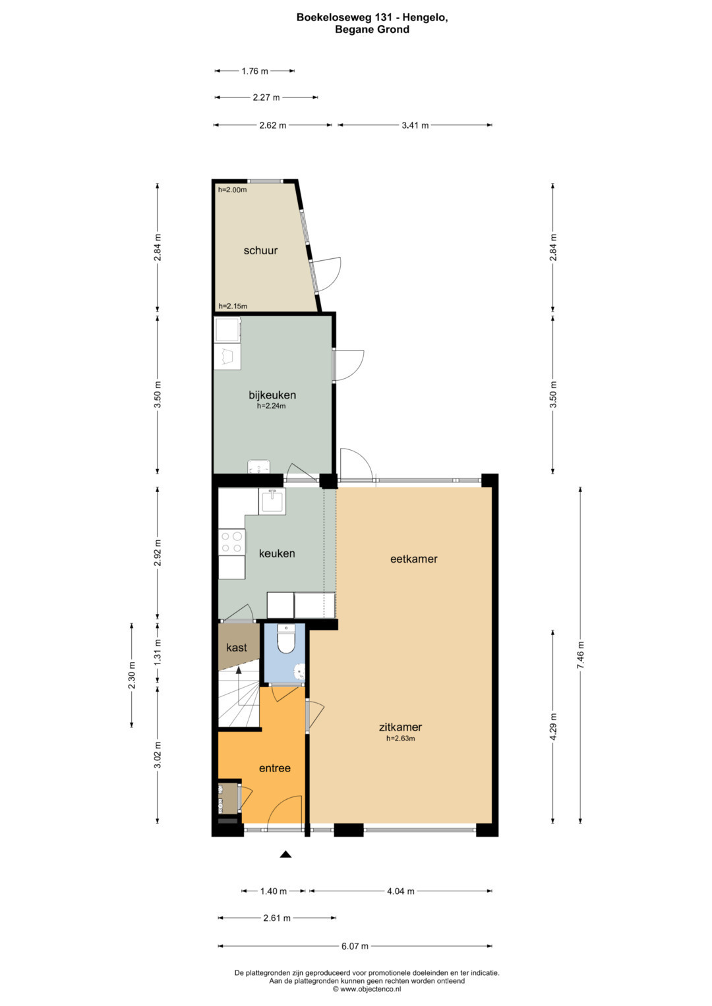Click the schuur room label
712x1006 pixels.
tap(260, 250)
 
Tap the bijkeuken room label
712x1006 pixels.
tap(272, 395)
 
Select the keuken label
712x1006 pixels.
tap(277, 553)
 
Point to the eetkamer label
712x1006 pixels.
tap(413, 559)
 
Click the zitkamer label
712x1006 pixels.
tap(401, 727)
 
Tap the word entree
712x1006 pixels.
tap(275, 768)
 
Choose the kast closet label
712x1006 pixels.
tap(237, 647)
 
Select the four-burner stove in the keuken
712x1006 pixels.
tap(232, 542)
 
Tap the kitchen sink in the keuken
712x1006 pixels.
tap(272, 501)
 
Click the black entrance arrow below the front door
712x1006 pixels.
tap(285, 854)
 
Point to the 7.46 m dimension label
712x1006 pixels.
tap(580, 655)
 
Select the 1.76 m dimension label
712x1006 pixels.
tap(255, 71)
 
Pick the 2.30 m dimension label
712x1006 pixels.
tap(131, 675)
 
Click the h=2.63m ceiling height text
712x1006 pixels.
tap(401, 739)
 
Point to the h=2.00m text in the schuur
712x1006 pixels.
tap(232, 190)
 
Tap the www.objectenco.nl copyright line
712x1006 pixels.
tap(367, 988)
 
